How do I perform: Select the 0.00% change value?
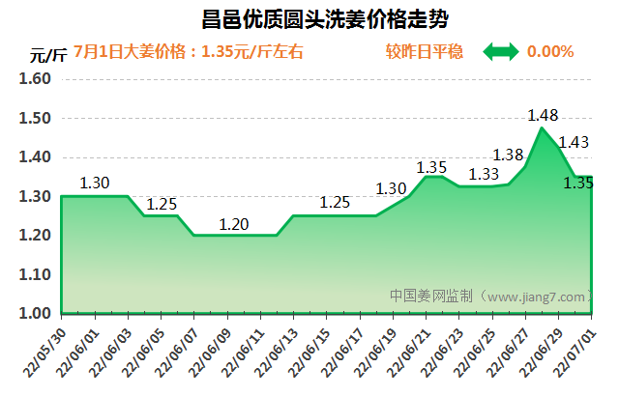click(x=550, y=51)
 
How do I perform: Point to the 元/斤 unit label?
click(x=44, y=54)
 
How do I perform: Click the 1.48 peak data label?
click(x=543, y=116)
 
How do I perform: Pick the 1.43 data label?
click(x=574, y=143)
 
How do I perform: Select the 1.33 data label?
click(x=484, y=175)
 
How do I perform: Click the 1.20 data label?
click(x=234, y=224)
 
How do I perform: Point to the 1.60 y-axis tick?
click(x=34, y=79)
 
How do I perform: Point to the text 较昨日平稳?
click(x=430, y=51)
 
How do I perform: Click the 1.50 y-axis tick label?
click(x=34, y=119)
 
